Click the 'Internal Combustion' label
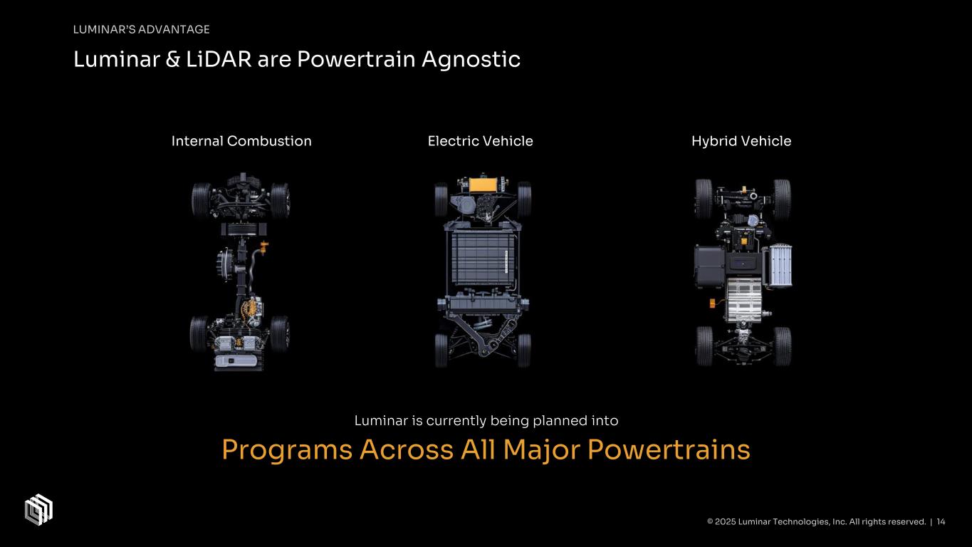[x=241, y=141]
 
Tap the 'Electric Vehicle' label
[x=480, y=141]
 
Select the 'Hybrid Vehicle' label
[x=741, y=141]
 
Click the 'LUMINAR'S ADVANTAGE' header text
[x=141, y=29]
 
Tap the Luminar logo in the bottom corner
[x=39, y=509]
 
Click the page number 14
[x=941, y=522]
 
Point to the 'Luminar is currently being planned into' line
[x=486, y=421]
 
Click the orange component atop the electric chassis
[x=484, y=184]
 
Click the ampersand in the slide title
[x=172, y=61]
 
